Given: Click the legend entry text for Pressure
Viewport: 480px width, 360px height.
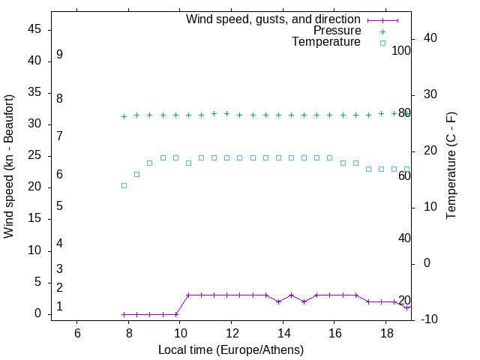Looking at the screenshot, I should coord(337,31).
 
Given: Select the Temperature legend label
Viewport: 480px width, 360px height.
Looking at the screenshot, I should coord(326,42).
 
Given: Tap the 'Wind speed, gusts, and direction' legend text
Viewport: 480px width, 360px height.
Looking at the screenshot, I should coord(273,19).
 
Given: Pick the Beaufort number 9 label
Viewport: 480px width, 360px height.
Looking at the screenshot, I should coord(59,55).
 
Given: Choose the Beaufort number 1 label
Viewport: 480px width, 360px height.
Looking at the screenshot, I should coord(59,307).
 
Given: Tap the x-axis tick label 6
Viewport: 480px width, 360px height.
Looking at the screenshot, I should coord(77,333).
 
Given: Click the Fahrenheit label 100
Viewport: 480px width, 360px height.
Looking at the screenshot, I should coord(401,50).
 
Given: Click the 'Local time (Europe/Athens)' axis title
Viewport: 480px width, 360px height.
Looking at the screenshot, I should coord(231,350).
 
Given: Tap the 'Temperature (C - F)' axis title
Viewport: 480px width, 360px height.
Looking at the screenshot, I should coord(451,166).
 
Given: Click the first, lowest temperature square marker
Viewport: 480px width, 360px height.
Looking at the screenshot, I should coord(124,185).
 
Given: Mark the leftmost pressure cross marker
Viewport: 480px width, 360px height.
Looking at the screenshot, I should coord(124,116).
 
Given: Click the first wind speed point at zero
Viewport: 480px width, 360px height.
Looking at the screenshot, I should coord(124,314).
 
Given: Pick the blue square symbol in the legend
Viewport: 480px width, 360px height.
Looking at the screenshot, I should coord(382,42).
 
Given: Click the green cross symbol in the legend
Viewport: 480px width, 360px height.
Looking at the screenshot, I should coord(382,31).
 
